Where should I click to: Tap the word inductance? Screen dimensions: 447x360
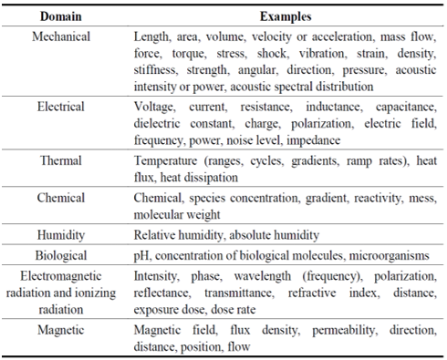324,107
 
